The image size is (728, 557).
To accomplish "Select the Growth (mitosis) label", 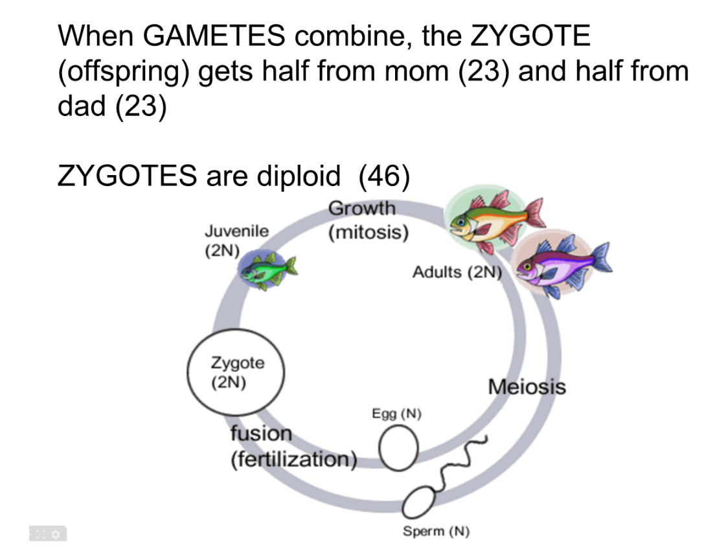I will (367, 220).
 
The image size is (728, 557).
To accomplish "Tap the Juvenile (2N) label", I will (236, 241).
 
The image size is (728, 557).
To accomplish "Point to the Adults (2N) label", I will (457, 272).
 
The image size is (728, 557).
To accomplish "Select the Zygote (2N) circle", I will (236, 372).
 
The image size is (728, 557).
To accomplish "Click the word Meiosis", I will (526, 387).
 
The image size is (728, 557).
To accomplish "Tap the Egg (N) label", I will (396, 414).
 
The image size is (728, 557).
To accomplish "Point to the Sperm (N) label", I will (436, 532).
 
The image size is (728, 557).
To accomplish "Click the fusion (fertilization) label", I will (293, 446).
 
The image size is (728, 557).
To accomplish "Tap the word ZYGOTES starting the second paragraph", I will (127, 176).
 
